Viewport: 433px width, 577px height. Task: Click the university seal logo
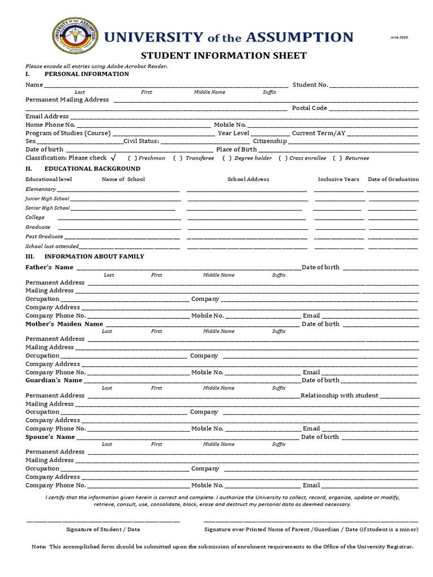click(74, 38)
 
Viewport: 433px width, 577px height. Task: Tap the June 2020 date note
click(399, 37)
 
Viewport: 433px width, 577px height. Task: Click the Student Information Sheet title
click(223, 55)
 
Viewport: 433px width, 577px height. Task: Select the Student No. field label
click(310, 85)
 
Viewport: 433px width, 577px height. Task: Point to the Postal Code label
click(309, 108)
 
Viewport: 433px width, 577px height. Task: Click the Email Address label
click(47, 116)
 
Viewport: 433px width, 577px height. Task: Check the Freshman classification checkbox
click(131, 158)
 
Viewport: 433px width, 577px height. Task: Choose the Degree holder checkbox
click(226, 158)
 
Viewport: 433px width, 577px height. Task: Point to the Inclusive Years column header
click(338, 179)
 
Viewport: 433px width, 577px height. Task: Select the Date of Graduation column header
click(393, 179)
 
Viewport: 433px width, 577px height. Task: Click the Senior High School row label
click(48, 208)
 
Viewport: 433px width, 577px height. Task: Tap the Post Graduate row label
click(45, 237)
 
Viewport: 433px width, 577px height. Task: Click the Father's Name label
click(50, 267)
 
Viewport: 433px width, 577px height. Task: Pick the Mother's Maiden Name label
click(64, 324)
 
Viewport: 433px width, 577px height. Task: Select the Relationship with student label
click(339, 396)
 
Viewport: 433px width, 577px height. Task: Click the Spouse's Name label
click(50, 437)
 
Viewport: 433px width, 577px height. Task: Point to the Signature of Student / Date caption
click(103, 530)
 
